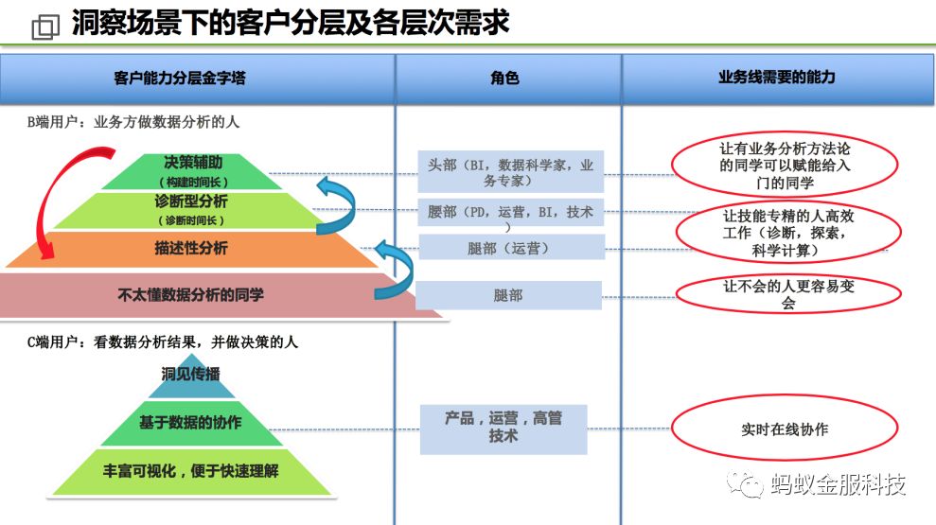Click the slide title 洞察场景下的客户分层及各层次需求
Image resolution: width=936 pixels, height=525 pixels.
pos(290,24)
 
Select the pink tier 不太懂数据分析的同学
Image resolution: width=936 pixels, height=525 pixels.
pos(190,295)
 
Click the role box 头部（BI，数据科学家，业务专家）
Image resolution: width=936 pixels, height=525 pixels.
pos(511,172)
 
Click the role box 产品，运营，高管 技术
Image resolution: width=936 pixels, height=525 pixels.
pos(503,428)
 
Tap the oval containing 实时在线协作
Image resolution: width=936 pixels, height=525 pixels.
pos(785,429)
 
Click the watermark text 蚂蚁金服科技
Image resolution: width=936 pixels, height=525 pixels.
pos(838,484)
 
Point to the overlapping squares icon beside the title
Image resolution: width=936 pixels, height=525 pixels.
pos(44,26)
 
